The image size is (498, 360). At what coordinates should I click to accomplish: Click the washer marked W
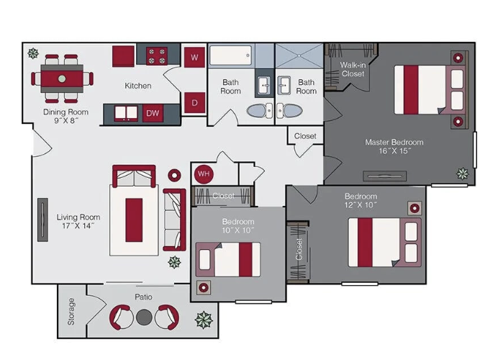(x=194, y=57)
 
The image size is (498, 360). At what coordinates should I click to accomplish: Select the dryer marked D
(x=194, y=103)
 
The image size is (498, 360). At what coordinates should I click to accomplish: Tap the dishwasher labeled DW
(x=153, y=113)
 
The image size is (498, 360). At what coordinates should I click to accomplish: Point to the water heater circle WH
(x=204, y=174)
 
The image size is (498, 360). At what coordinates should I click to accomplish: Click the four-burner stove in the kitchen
(x=157, y=55)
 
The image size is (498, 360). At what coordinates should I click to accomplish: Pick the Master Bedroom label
(x=394, y=146)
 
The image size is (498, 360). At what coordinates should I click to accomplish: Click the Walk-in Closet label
(x=353, y=69)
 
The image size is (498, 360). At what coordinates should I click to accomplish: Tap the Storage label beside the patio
(x=71, y=311)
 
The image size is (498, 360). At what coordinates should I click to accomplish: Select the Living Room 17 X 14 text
(x=78, y=222)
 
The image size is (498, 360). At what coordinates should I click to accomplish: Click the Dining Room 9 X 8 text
(x=65, y=116)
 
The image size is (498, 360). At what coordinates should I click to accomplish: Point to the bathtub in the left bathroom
(x=230, y=55)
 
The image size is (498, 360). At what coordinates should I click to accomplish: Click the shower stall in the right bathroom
(x=299, y=55)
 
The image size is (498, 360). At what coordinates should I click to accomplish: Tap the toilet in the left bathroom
(x=260, y=111)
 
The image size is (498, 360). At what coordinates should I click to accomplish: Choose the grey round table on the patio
(x=144, y=317)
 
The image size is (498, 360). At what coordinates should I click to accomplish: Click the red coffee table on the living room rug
(x=134, y=220)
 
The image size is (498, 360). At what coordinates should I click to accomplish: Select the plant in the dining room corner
(x=33, y=53)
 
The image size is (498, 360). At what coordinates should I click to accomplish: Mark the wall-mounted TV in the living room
(x=42, y=220)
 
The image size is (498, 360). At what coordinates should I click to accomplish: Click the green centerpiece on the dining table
(x=62, y=78)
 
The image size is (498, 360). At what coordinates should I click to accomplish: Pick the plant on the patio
(x=204, y=320)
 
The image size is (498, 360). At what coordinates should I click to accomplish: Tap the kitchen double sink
(x=126, y=114)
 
